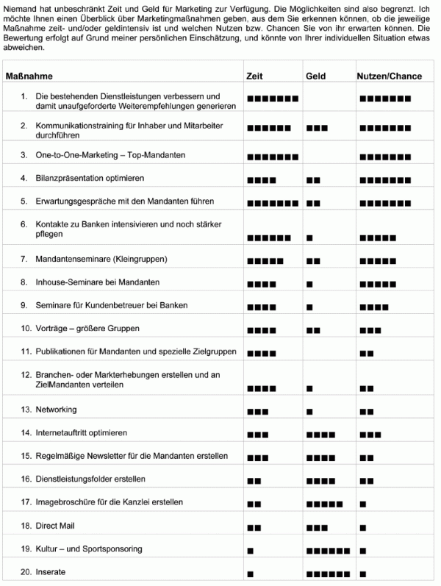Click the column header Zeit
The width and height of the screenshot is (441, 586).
pyautogui.click(x=254, y=76)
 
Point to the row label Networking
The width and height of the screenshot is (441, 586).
pyautogui.click(x=56, y=409)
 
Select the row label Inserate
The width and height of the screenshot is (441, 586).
pyautogui.click(x=51, y=571)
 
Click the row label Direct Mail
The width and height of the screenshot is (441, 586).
pyautogui.click(x=55, y=526)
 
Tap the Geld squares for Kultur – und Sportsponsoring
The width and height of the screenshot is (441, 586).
pyautogui.click(x=328, y=550)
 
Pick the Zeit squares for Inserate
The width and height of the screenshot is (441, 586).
pyautogui.click(x=251, y=573)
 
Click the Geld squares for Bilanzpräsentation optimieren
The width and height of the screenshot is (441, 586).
pyautogui.click(x=313, y=179)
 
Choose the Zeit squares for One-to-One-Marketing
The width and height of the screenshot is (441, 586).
pyautogui.click(x=273, y=157)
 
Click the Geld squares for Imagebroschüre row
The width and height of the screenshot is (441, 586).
pyautogui.click(x=324, y=504)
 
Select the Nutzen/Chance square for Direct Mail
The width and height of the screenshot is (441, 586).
pyautogui.click(x=363, y=527)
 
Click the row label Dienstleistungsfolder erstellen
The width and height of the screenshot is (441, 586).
pyautogui.click(x=90, y=479)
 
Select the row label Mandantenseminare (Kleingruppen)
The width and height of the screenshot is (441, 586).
pyautogui.click(x=101, y=259)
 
